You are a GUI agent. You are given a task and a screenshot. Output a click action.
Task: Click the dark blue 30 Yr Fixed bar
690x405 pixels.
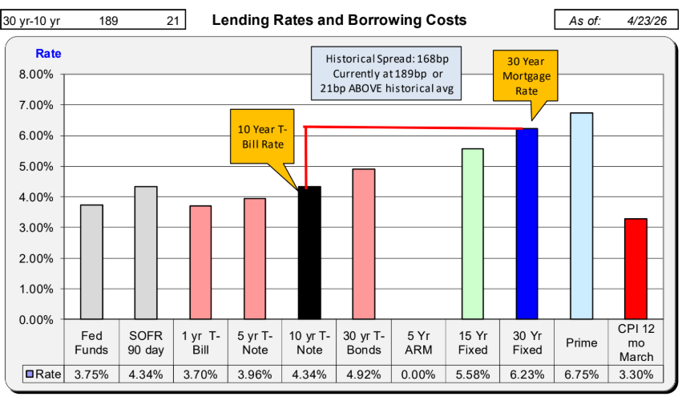point(527,224)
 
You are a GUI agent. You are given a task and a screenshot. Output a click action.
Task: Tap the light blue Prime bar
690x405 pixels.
point(581,216)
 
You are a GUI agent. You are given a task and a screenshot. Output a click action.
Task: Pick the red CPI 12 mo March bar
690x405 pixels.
point(636,269)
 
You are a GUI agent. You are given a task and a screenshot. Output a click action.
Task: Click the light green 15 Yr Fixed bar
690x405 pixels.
point(473,233)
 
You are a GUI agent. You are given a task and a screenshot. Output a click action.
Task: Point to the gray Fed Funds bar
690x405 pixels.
point(91,261)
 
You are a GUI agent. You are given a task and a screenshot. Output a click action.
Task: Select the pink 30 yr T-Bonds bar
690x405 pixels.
point(364,244)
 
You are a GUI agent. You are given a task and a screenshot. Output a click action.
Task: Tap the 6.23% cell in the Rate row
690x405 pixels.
point(527,374)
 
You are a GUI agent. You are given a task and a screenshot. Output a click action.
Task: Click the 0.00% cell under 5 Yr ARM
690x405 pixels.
point(418,374)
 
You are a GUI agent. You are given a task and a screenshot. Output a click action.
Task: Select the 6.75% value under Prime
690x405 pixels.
point(581,374)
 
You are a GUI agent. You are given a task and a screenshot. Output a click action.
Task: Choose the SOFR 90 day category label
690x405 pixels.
point(146,342)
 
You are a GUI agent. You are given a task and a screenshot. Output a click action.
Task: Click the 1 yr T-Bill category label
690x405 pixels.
point(200,342)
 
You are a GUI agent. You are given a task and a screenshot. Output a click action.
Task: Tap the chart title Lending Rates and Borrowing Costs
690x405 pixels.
point(339,19)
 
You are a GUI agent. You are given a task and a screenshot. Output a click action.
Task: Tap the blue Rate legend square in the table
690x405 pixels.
point(29,374)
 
